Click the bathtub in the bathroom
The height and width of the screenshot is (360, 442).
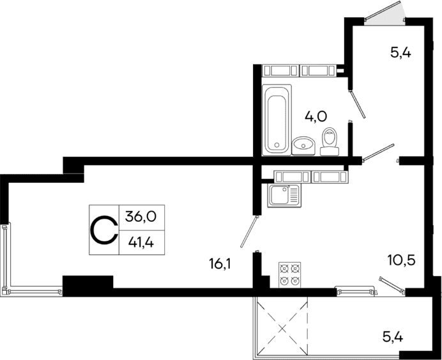[x=277, y=119]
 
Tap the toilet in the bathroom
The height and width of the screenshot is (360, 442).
[x=330, y=141]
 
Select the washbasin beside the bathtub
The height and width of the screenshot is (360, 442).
[x=303, y=145]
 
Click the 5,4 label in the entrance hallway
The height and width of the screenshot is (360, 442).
[x=400, y=52]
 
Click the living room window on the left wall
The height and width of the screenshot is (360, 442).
[x=6, y=256]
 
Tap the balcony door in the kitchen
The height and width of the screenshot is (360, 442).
[x=391, y=285]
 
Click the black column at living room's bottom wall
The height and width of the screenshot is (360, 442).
[x=88, y=285]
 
